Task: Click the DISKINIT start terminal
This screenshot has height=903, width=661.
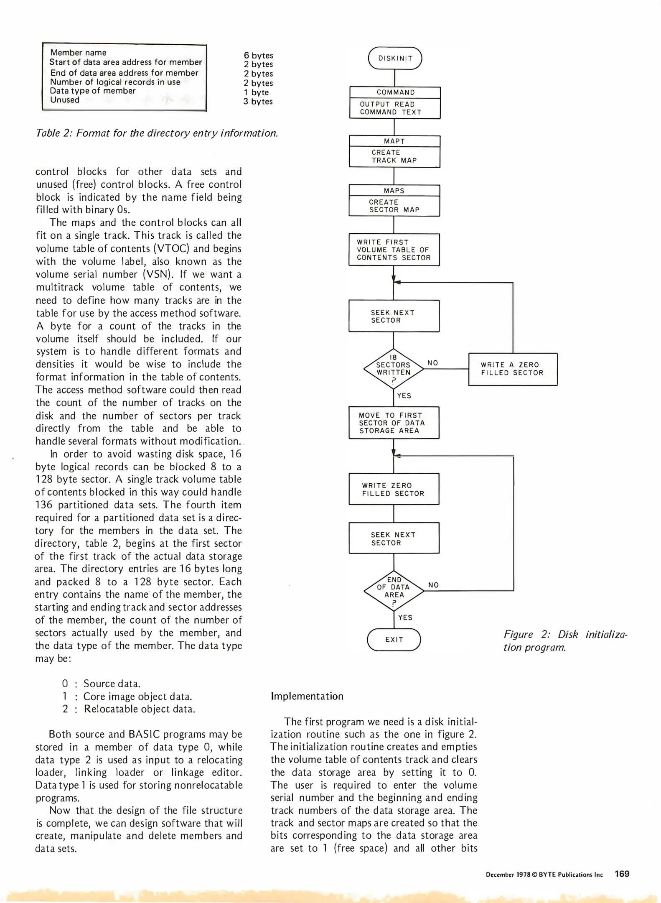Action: (395, 59)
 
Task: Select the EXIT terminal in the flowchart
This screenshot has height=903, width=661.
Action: (394, 640)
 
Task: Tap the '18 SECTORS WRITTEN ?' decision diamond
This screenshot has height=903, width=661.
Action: (394, 369)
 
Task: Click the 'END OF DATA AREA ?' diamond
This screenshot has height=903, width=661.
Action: (394, 591)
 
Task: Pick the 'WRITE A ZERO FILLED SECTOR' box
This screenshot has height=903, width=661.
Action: (513, 369)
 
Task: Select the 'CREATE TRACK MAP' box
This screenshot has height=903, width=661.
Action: (394, 156)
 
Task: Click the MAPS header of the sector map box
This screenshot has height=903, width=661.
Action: (394, 191)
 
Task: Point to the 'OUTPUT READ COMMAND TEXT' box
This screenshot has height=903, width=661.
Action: (395, 108)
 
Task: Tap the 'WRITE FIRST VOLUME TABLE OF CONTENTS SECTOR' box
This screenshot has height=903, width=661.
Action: (394, 250)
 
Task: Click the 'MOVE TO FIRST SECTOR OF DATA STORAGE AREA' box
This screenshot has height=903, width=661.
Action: (394, 423)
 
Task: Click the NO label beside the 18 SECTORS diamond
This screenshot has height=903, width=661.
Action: (433, 363)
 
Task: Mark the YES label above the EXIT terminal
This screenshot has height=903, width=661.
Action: (405, 617)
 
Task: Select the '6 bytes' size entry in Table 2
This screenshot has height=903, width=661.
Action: (258, 55)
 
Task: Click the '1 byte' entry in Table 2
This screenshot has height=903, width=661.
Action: (256, 92)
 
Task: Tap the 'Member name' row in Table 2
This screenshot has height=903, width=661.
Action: (78, 53)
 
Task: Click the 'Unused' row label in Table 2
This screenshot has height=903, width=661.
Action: (65, 100)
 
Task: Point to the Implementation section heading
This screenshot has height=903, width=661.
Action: (307, 696)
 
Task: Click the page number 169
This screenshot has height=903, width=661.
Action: (622, 874)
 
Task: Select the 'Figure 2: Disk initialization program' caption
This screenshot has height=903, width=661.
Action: (565, 641)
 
